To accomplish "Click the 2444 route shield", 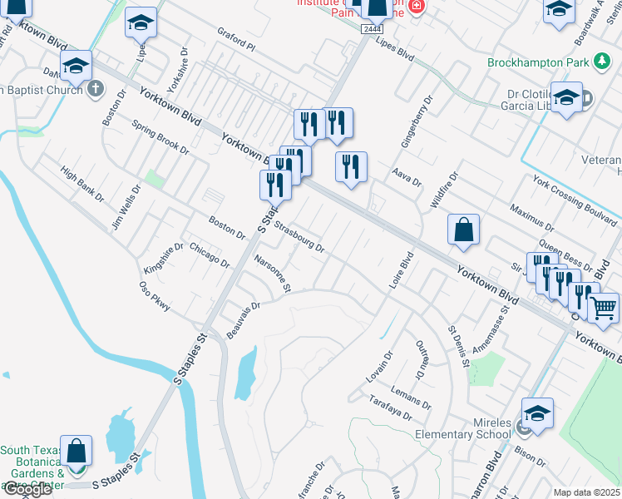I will click(x=373, y=29).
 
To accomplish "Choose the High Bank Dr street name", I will click(x=81, y=185).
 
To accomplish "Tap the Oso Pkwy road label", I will click(x=155, y=296).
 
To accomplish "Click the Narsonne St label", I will click(x=272, y=274).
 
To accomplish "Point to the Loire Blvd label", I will click(x=402, y=270).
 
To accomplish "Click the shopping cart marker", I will click(x=603, y=307).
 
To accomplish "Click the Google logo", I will click(x=27, y=489).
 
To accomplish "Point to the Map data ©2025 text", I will click(x=586, y=492).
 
